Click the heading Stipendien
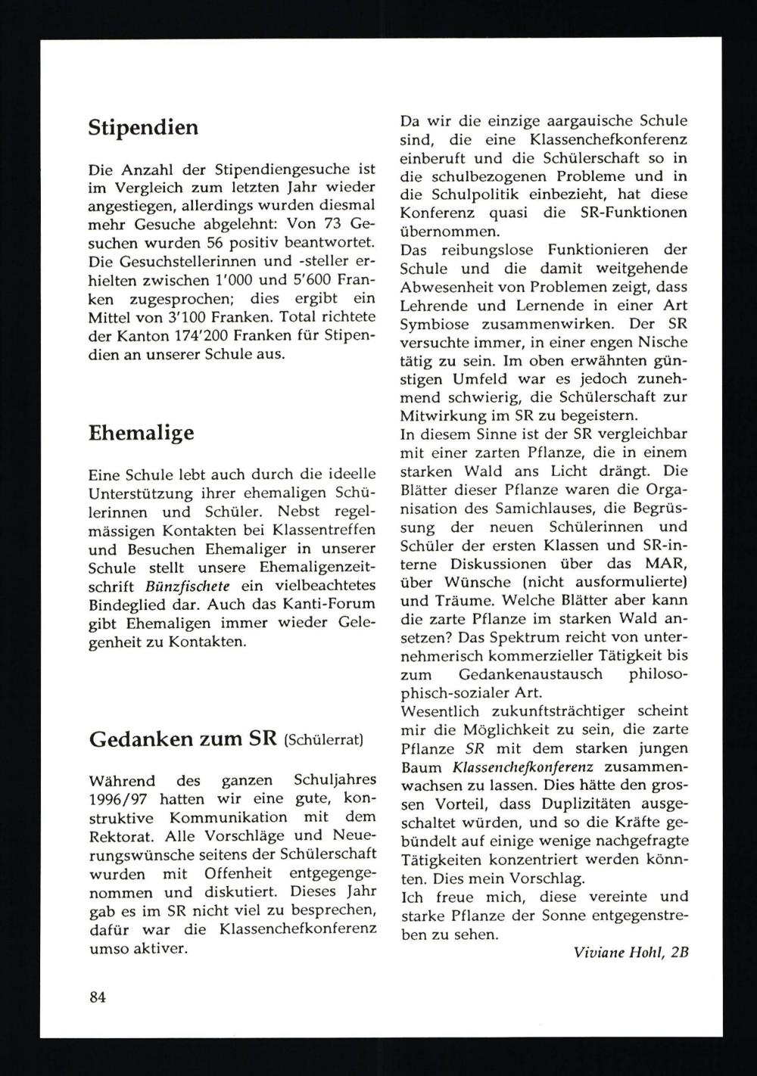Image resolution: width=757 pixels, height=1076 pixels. coord(143,128)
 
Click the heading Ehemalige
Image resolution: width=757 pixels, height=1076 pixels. coord(141,433)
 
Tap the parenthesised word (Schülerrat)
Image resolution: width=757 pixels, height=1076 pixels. coord(323,741)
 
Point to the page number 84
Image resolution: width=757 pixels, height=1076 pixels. coord(97,997)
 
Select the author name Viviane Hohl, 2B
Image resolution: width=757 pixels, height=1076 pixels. coord(626,953)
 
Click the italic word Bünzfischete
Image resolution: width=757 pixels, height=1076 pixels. coord(179,586)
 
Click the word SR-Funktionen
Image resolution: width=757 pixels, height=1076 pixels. coord(640,213)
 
